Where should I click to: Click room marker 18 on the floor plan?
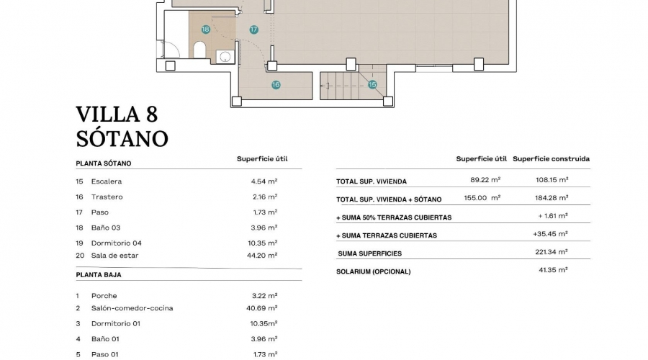[205, 30]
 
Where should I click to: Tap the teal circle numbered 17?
[253, 30]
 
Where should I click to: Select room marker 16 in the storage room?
[276, 85]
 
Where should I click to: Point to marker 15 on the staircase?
[372, 85]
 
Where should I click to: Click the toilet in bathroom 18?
[199, 50]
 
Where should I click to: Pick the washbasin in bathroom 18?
[225, 57]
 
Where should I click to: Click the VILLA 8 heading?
[117, 114]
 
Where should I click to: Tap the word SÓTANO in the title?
[122, 138]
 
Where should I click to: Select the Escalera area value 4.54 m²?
[264, 181]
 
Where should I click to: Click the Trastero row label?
[107, 197]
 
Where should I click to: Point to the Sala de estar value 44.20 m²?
[262, 256]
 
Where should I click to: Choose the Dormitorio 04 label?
[117, 243]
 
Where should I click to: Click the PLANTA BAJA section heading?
[99, 275]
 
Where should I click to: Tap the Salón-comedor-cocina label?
[132, 308]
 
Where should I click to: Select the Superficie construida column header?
[552, 158]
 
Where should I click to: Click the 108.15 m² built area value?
[552, 180]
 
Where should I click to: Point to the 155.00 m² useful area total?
[482, 197]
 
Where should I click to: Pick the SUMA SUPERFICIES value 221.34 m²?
[552, 252]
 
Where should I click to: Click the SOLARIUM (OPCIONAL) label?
[374, 271]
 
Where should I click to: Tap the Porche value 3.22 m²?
[264, 296]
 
